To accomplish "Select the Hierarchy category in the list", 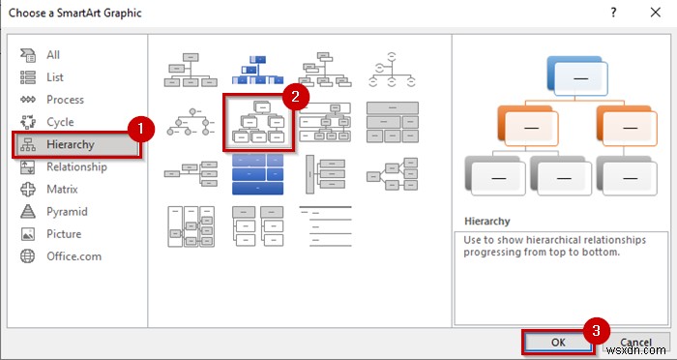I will pyautogui.click(x=70, y=144).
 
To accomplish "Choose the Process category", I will pyautogui.click(x=65, y=100).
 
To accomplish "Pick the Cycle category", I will pyautogui.click(x=59, y=122).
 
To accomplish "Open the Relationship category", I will pyautogui.click(x=76, y=166).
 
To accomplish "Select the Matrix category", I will pyautogui.click(x=62, y=189).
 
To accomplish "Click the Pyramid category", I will pyautogui.click(x=67, y=211).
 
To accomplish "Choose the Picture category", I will pyautogui.click(x=64, y=233).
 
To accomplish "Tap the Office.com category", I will pyautogui.click(x=73, y=255).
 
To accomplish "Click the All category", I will pyautogui.click(x=53, y=55).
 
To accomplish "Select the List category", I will pyautogui.click(x=54, y=77).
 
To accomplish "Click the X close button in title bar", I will pyautogui.click(x=655, y=13).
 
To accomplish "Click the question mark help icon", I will pyautogui.click(x=611, y=13).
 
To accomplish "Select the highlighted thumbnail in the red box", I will pyautogui.click(x=256, y=123).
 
